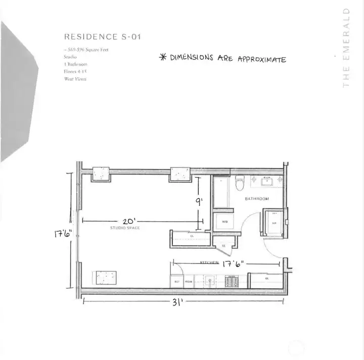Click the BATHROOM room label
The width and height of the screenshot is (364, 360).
tap(257, 199)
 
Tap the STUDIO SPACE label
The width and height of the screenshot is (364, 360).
tap(125, 229)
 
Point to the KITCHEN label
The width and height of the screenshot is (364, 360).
tap(209, 263)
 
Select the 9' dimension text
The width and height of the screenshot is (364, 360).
tap(199, 201)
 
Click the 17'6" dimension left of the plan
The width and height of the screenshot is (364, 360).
tap(64, 234)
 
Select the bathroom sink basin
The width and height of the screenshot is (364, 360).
tap(265, 181)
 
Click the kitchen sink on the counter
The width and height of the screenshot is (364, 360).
tap(209, 281)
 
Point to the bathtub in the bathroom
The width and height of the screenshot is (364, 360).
tap(220, 191)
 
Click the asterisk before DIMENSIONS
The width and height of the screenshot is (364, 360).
tap(163, 57)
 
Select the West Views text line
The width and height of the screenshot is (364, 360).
tap(75, 79)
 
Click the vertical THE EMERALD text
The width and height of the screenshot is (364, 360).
tap(346, 47)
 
